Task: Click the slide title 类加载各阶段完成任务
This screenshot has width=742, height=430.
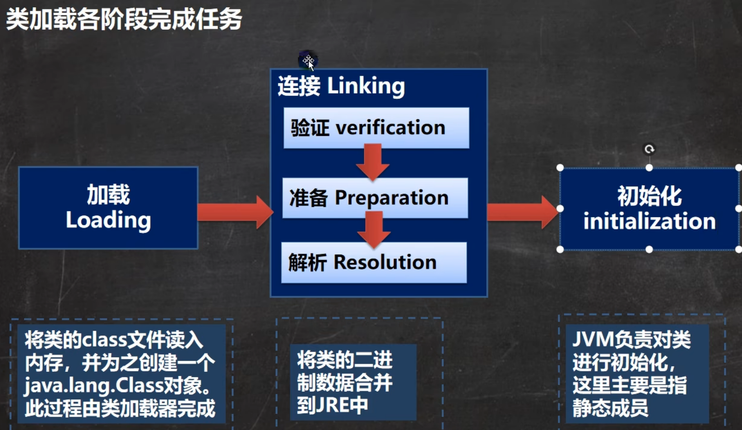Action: point(124,19)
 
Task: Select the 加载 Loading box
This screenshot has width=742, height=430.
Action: point(108,208)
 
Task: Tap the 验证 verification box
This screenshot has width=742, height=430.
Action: point(376,128)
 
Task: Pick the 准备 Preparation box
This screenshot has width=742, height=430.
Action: point(375,198)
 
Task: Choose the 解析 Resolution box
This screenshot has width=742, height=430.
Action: point(374,262)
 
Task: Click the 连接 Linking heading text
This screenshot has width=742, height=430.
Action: point(341,86)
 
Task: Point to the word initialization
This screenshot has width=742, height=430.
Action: point(649,221)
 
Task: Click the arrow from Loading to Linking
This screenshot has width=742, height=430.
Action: point(235,212)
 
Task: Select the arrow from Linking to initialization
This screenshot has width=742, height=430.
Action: point(523,212)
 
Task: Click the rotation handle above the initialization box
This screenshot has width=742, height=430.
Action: point(649,149)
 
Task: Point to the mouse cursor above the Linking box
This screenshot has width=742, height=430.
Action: point(309,62)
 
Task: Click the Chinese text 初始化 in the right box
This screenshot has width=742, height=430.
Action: point(649,196)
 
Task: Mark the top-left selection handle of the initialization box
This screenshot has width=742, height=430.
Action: point(560,168)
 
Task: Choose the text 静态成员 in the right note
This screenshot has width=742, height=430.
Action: point(610,408)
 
